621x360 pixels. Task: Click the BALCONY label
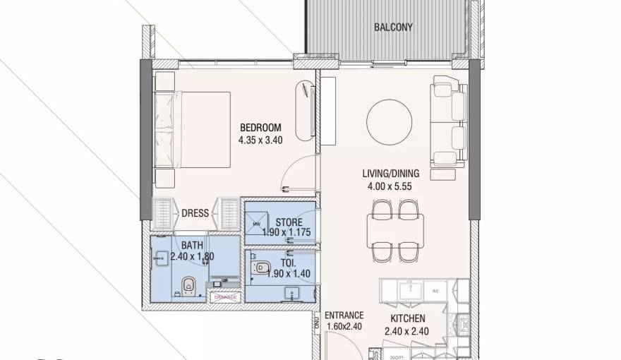[x=393, y=28]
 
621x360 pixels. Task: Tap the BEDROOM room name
[x=260, y=128]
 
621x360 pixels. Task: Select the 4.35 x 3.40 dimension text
[x=260, y=140]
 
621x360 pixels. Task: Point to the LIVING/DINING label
[x=390, y=174]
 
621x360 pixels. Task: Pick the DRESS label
[x=195, y=213]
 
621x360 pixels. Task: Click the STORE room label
[x=289, y=222]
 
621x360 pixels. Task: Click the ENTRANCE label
[x=344, y=316]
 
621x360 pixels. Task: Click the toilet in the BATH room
[x=188, y=287]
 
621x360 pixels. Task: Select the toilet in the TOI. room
[x=263, y=267]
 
